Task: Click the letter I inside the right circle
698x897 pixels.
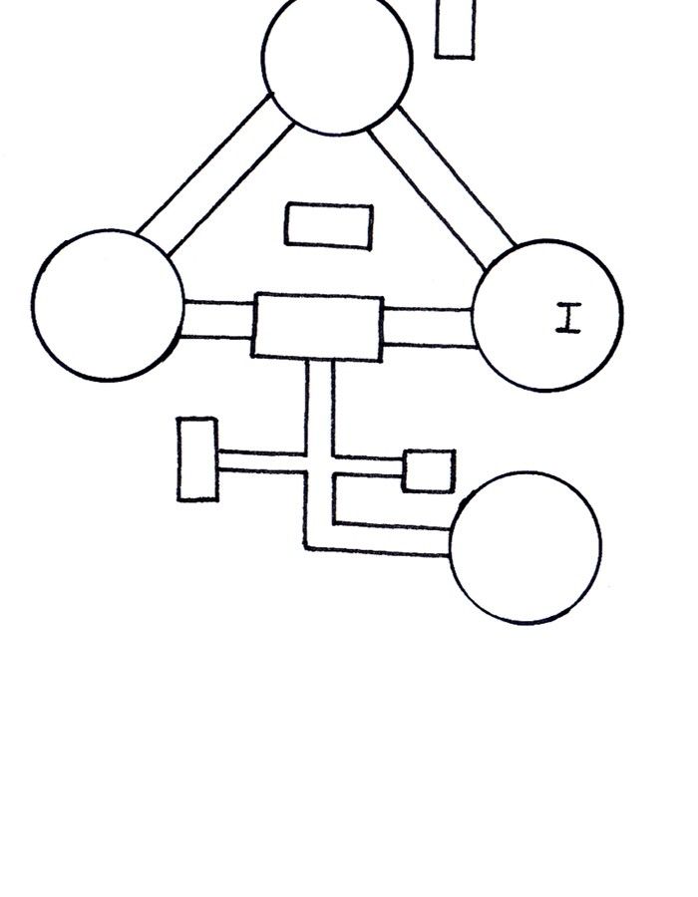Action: point(568,318)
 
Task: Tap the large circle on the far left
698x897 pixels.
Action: point(108,305)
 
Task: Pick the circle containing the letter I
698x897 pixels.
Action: point(546,315)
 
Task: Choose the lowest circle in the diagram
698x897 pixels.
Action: point(525,547)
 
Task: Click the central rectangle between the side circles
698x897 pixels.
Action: point(317,326)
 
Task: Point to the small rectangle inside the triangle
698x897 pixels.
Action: point(329,225)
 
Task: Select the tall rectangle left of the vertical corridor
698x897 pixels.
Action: point(197,458)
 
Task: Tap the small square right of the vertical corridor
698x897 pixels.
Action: point(429,470)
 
